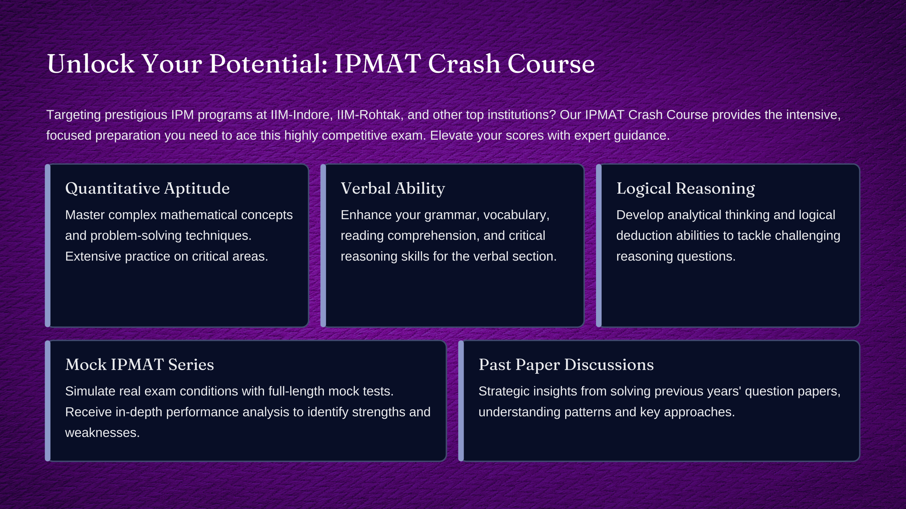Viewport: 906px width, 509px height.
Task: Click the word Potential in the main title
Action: (268, 64)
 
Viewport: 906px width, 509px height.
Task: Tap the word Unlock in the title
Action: (91, 64)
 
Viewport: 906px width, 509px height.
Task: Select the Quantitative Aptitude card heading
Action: (148, 188)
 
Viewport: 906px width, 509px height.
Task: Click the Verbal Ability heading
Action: (393, 188)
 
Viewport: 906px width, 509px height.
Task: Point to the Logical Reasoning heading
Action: (686, 188)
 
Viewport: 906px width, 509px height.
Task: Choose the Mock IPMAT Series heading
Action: (140, 364)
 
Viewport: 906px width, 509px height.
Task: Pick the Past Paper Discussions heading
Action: (566, 364)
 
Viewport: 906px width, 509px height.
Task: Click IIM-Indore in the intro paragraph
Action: (302, 115)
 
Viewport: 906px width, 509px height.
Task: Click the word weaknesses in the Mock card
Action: (103, 433)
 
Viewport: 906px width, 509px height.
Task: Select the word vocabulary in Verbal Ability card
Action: (516, 215)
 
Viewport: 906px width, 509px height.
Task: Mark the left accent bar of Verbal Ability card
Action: (323, 245)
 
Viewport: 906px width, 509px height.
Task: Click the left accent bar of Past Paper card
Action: (461, 401)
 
